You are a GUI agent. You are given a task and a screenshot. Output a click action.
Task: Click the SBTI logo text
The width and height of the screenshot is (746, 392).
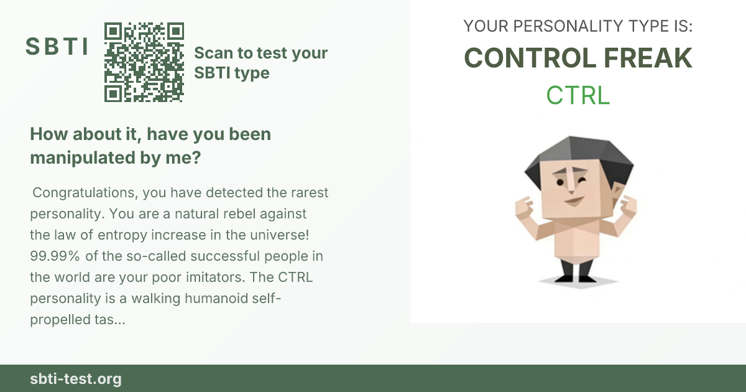[57, 46]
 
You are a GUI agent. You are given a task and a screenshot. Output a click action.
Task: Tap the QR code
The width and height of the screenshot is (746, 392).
[144, 62]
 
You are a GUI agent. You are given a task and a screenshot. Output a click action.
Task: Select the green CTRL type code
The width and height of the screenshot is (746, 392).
[578, 95]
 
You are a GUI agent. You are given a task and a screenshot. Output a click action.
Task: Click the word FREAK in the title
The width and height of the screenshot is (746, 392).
[648, 58]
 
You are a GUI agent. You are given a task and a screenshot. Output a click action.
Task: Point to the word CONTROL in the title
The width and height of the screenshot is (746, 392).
[530, 58]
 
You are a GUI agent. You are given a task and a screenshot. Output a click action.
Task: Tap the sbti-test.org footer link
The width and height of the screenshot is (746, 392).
[76, 379]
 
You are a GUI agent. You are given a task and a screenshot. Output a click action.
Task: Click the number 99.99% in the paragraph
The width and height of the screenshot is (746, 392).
[55, 256]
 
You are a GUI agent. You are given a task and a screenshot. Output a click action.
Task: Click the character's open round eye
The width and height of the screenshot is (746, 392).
[560, 182]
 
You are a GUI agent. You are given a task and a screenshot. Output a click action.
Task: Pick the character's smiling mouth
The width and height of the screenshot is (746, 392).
[574, 201]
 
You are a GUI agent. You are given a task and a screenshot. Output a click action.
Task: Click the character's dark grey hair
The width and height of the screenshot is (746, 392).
[579, 157]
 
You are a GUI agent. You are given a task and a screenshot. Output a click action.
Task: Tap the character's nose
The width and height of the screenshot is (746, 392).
[571, 182]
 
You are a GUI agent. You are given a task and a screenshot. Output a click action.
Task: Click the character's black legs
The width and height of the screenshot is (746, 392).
[576, 271]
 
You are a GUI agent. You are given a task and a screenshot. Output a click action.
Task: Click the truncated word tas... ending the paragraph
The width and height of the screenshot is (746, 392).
[110, 320]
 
